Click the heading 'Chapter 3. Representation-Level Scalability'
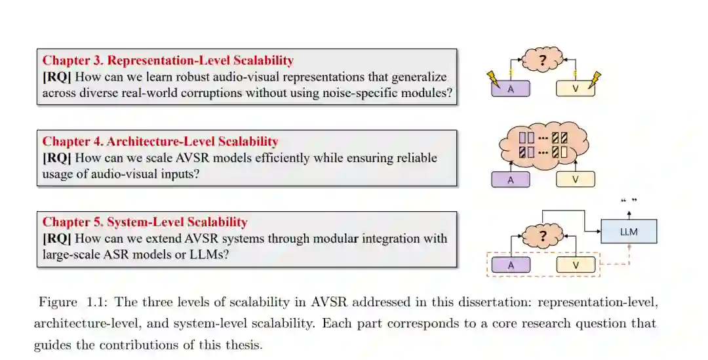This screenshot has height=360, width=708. (168, 60)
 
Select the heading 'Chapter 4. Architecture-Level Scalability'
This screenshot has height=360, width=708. (160, 141)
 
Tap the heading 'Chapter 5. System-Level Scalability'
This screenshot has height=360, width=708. (145, 222)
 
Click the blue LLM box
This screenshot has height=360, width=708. (629, 231)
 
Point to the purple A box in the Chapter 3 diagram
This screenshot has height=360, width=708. (511, 89)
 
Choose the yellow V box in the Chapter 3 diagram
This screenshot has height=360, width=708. (576, 89)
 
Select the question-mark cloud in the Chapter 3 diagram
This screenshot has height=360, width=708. (543, 61)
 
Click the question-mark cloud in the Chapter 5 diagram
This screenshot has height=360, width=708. (543, 236)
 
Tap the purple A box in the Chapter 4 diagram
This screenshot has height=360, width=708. (511, 180)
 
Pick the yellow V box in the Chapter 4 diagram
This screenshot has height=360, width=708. (576, 180)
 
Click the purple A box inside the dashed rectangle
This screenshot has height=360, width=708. (511, 265)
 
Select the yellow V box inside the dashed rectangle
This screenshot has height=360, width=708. (576, 265)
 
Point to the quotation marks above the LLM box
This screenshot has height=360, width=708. (629, 199)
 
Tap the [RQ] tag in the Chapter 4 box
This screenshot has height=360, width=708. (56, 157)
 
